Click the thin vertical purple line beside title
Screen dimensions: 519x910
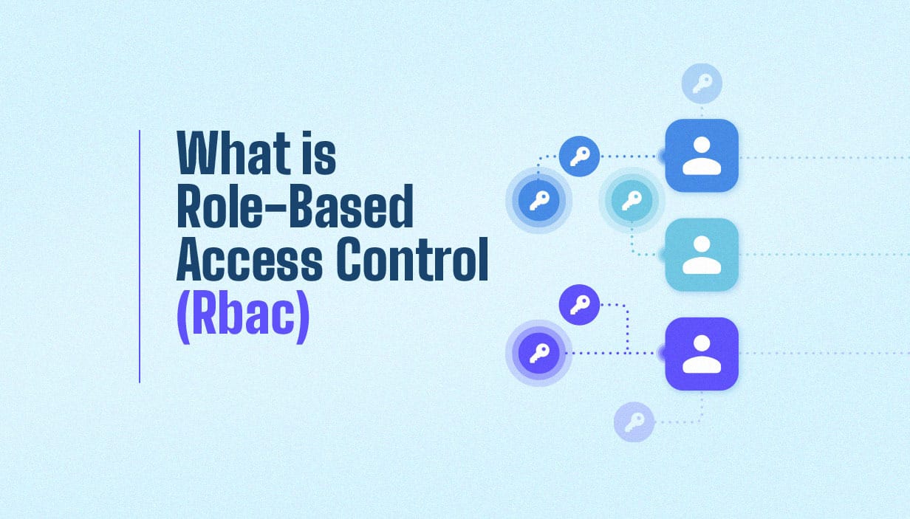pos(139,256)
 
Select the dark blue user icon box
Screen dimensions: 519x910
pos(702,156)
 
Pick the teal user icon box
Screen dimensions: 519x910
pos(702,254)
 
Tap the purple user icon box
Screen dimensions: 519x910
pos(702,354)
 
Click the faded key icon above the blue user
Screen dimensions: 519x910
pos(701,83)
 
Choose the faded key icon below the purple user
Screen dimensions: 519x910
pos(634,422)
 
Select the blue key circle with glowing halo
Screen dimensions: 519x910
pos(538,200)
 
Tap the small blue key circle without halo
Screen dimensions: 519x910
pos(579,156)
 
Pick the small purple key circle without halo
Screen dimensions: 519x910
pos(579,304)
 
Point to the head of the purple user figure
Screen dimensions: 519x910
pos(702,343)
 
